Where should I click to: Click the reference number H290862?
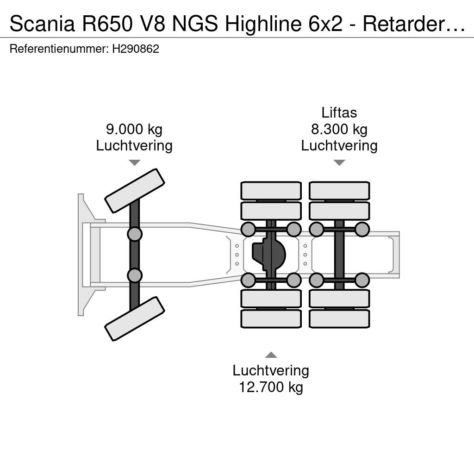136,49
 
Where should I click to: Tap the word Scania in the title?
42,24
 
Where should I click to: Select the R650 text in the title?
107,24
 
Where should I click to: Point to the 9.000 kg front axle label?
134,129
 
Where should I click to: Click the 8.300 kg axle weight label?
339,129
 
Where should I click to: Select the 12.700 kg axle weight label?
271,387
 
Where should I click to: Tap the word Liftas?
339,112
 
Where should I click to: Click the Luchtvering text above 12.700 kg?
271,370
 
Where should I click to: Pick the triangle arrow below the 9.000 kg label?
135,162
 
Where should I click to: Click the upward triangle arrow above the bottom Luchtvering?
271,355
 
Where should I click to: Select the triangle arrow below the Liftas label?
339,162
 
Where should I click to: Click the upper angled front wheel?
135,191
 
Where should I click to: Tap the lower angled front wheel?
135,318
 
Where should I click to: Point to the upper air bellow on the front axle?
135,234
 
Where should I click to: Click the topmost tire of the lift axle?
339,190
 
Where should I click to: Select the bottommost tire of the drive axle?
271,318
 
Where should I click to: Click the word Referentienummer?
59,49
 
